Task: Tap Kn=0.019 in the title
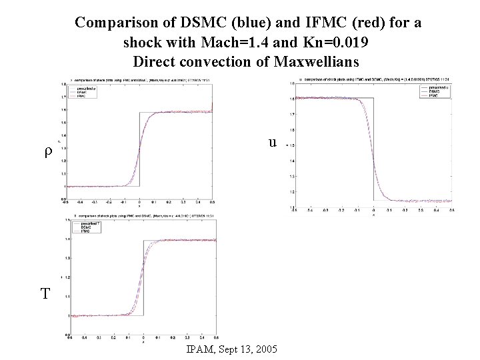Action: coord(333,43)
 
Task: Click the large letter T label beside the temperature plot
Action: coord(45,293)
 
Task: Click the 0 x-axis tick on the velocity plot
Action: coord(373,210)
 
